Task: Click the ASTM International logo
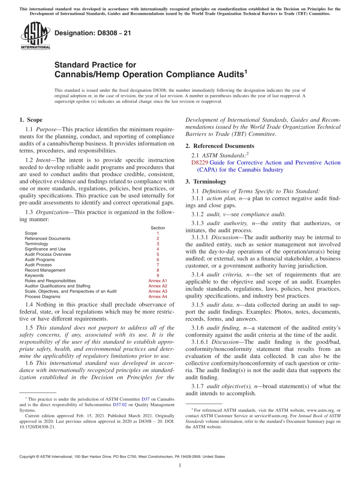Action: (35, 36)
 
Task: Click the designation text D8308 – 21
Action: (93, 33)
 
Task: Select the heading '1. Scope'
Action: (31, 120)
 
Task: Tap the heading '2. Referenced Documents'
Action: (218, 146)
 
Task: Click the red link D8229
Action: (200, 163)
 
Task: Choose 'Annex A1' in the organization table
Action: (158, 281)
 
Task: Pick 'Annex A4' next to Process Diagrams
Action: (158, 297)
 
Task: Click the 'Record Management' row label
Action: (45, 270)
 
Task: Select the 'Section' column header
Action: (158, 228)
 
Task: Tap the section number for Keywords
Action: (158, 275)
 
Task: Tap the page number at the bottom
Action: (180, 466)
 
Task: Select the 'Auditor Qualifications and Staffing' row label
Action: (57, 286)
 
